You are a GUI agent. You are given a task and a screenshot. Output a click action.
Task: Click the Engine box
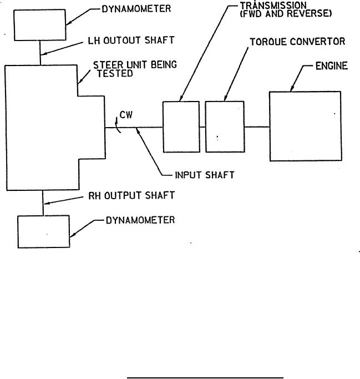pos(305,127)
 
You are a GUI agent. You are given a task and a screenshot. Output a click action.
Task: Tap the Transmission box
pos(181,127)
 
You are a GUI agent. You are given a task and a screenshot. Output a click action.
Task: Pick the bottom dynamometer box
pos(44,231)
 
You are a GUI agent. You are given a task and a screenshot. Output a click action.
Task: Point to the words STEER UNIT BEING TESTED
pos(135,69)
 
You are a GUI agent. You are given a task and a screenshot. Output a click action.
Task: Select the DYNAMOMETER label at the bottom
pos(140,220)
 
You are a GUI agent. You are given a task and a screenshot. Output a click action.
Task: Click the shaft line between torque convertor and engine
pos(257,127)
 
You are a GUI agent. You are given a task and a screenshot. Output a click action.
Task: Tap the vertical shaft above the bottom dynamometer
pos(43,203)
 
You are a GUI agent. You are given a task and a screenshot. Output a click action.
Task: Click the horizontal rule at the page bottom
pos(206,377)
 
